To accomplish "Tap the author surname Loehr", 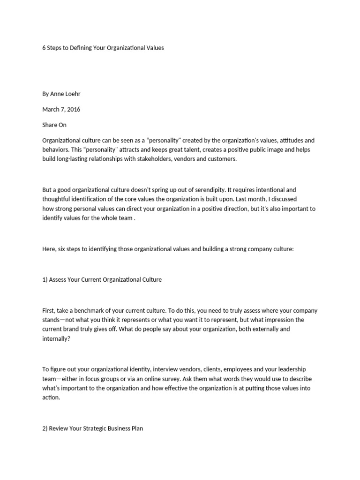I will pos(72,94).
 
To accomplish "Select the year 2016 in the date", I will pos(73,109).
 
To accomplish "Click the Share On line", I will pos(54,125).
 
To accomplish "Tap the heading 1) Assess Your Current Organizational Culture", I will pos(102,279).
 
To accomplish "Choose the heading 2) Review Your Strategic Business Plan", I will pos(92,428).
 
